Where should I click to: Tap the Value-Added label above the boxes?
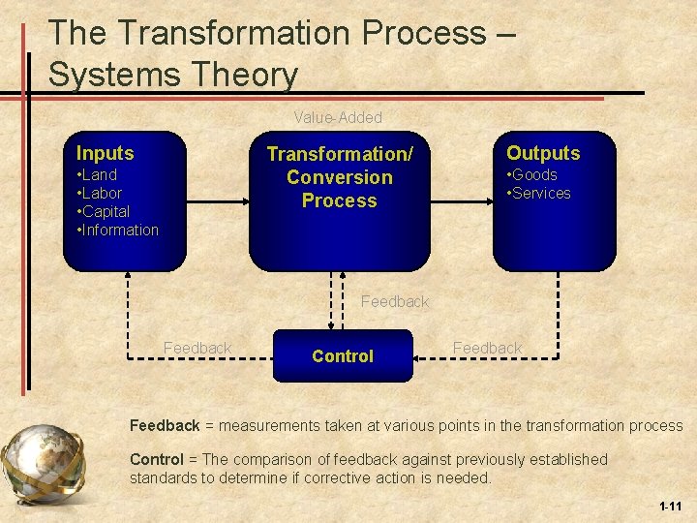coord(338,117)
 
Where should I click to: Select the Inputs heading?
coord(106,153)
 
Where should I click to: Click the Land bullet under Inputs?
coord(98,175)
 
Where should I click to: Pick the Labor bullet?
coord(100,193)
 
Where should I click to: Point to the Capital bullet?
coord(104,211)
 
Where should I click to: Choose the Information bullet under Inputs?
coord(118,230)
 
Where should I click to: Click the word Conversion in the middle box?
coord(340,177)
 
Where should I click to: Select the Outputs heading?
coord(543,153)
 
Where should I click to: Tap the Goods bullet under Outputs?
coord(534,175)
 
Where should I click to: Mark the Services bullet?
coord(541,193)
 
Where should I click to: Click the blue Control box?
coord(343,355)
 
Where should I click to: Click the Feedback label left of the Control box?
coord(197,348)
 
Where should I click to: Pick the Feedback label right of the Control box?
coord(487,348)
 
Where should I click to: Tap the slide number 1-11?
coord(669,507)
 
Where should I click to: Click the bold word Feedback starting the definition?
coord(165,426)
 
